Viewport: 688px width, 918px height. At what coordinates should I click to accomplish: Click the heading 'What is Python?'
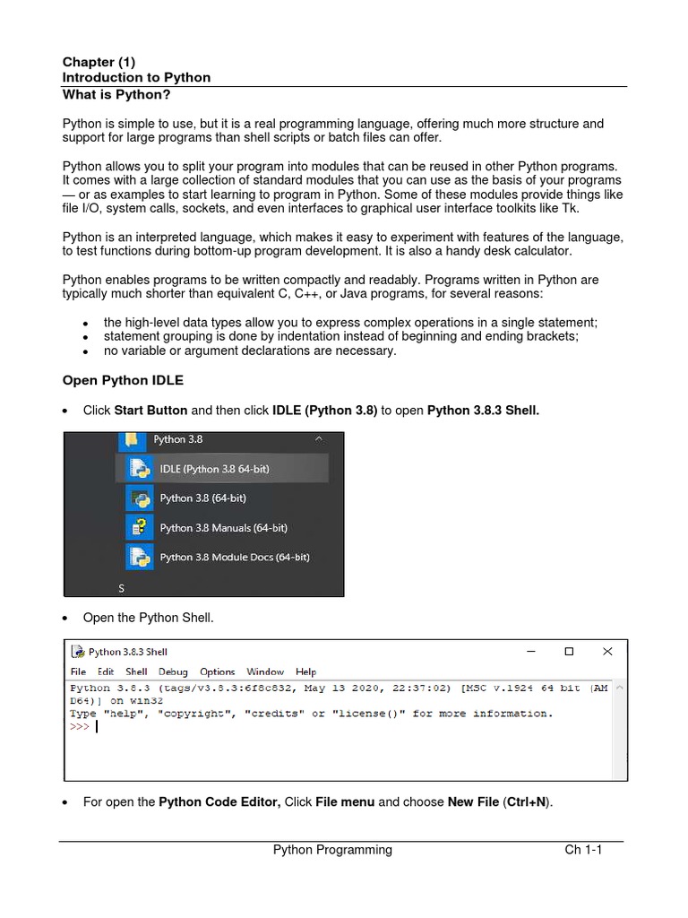pyautogui.click(x=116, y=94)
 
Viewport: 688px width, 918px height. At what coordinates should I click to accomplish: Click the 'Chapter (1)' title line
pyautogui.click(x=99, y=62)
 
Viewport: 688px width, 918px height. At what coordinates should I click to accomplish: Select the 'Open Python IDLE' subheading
pyautogui.click(x=123, y=380)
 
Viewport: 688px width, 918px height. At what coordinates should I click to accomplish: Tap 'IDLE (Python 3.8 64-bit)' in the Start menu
pyautogui.click(x=214, y=469)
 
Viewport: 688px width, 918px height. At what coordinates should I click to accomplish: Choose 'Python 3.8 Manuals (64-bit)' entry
pyautogui.click(x=223, y=528)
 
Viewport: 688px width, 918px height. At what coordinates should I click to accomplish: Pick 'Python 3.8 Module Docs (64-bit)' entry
pyautogui.click(x=234, y=557)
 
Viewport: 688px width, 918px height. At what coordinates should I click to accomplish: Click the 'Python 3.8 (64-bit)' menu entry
pyautogui.click(x=202, y=498)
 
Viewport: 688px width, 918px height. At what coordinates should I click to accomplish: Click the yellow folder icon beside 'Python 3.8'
pyautogui.click(x=131, y=440)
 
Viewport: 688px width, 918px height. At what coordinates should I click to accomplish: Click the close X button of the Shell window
pyautogui.click(x=607, y=652)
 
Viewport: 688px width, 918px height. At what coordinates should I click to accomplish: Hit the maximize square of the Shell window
pyautogui.click(x=568, y=652)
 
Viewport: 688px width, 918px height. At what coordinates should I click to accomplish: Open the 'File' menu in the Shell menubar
pyautogui.click(x=78, y=671)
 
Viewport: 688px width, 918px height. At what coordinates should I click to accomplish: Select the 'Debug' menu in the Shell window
pyautogui.click(x=173, y=671)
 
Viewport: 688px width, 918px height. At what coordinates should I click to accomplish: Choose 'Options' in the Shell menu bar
pyautogui.click(x=217, y=671)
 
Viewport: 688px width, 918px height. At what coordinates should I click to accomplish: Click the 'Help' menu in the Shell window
pyautogui.click(x=305, y=671)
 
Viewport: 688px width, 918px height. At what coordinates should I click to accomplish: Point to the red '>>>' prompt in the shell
pyautogui.click(x=80, y=727)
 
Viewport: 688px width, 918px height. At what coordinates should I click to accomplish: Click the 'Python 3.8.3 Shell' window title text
pyautogui.click(x=128, y=652)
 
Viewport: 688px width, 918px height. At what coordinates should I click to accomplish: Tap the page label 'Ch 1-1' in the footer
pyautogui.click(x=583, y=850)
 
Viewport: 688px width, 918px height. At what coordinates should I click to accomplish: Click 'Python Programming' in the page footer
pyautogui.click(x=332, y=850)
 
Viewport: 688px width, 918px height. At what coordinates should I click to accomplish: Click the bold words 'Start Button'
pyautogui.click(x=150, y=410)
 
